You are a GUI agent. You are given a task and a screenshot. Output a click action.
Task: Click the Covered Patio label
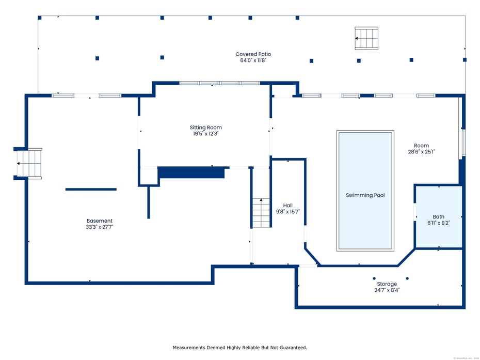point(253,54)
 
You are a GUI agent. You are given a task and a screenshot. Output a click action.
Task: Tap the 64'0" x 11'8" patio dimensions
point(253,60)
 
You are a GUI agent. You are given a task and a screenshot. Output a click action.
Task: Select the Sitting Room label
point(205,128)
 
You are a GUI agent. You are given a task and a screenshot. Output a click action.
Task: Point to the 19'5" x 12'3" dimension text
point(205,134)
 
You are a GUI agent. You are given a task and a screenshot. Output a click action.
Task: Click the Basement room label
point(100,221)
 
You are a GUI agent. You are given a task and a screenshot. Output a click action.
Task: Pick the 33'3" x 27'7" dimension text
point(100,227)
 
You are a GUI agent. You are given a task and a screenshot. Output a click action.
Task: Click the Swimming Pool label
point(365,195)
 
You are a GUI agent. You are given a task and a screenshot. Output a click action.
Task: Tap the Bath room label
point(439,217)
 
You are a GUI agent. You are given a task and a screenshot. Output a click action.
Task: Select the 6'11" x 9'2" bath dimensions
point(439,223)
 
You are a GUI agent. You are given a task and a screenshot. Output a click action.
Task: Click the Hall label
point(287,206)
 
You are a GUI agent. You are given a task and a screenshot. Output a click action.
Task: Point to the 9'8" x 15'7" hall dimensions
point(287,212)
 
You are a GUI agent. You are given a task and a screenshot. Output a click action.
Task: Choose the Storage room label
point(387,284)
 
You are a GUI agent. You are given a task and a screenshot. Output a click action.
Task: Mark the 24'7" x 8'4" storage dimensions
point(387,290)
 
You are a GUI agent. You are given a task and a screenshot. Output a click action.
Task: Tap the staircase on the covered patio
point(366,38)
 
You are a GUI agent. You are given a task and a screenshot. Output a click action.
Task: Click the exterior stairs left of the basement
point(29,163)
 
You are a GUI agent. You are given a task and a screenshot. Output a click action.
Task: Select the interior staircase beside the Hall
point(261,213)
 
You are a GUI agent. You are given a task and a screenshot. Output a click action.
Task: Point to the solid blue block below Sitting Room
point(191,173)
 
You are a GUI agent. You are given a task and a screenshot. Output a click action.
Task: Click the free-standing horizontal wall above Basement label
point(91,190)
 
